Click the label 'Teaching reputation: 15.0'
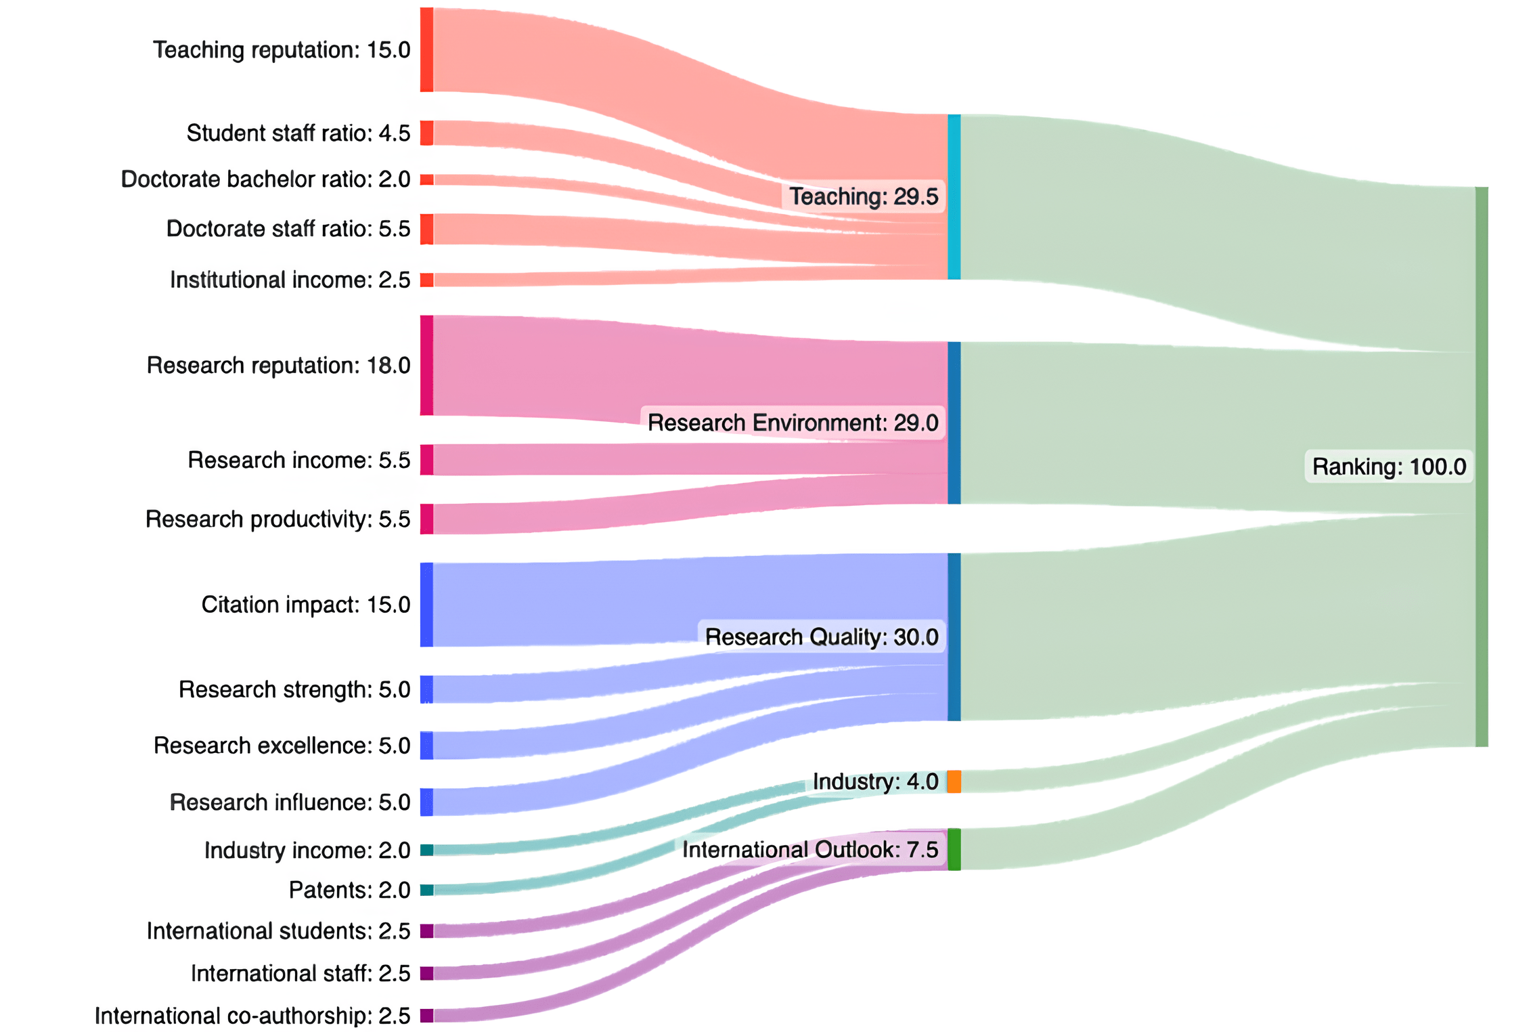point(282,50)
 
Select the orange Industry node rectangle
point(954,781)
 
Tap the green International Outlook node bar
point(954,849)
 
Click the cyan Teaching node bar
point(954,197)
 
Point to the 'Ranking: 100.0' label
point(1389,467)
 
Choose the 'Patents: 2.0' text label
point(349,890)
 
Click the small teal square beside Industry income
point(426,850)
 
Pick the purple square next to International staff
point(426,973)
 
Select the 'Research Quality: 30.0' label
point(822,637)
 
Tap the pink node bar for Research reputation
point(426,365)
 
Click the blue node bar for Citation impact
point(426,605)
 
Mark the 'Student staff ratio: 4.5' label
point(298,133)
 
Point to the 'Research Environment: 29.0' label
point(793,423)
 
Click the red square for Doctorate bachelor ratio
point(426,179)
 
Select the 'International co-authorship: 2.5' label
point(252,1016)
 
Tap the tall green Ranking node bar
point(1482,467)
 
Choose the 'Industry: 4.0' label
point(875,781)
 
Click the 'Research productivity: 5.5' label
point(278,519)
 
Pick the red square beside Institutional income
point(426,280)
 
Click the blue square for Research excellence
point(426,746)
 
